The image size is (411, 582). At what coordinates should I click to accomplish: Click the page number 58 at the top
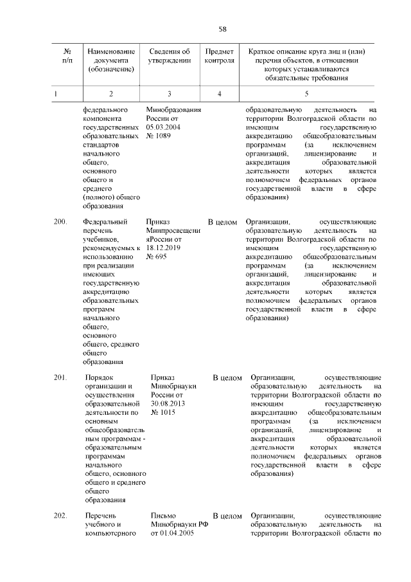[222, 29]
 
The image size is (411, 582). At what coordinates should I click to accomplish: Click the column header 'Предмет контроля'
[219, 56]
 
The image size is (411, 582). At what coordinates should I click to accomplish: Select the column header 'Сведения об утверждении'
[169, 56]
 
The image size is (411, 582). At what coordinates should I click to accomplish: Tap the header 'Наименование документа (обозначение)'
[112, 60]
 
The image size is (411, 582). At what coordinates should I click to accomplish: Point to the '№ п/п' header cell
[67, 56]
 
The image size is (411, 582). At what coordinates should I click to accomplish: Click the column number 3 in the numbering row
[169, 94]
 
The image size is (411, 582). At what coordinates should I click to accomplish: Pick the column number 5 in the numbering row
[306, 94]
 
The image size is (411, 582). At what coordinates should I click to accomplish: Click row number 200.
[60, 222]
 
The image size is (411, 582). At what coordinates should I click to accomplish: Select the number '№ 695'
[157, 257]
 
